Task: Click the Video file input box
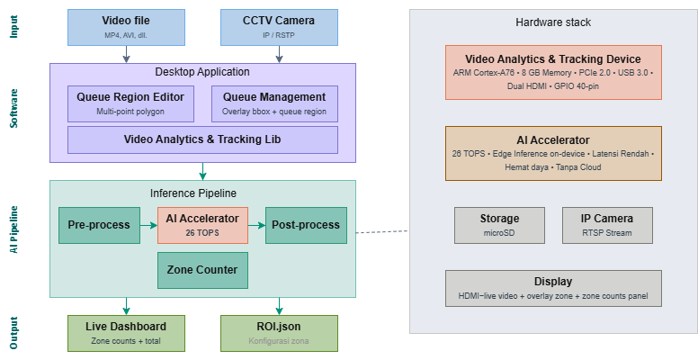pos(126,27)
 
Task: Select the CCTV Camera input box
pos(279,27)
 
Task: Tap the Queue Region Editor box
pos(130,103)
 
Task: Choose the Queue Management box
pos(274,103)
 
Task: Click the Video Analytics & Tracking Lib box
pos(202,139)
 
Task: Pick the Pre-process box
pos(99,225)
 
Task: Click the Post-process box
pos(306,225)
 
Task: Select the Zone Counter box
pos(202,270)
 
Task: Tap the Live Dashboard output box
pos(126,333)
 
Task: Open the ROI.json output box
pos(279,333)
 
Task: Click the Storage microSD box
pos(499,225)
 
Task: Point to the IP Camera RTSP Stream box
pos(607,225)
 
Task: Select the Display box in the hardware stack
pos(553,288)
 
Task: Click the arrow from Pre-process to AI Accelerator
pos(148,225)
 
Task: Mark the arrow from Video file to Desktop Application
pos(126,54)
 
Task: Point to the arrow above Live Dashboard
pos(126,307)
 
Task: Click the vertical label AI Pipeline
pos(13,229)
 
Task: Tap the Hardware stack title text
pos(553,22)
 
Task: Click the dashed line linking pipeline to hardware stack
pos(382,231)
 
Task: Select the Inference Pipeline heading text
pos(193,193)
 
